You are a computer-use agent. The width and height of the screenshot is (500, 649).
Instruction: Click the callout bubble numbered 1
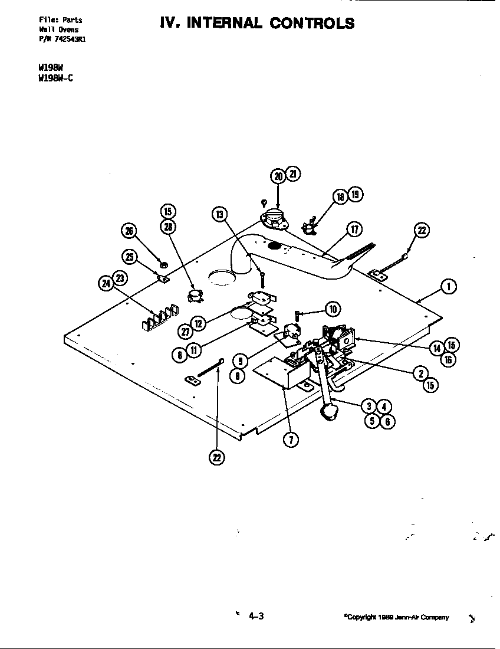449,287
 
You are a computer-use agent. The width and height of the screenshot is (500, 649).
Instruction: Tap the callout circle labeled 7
290,440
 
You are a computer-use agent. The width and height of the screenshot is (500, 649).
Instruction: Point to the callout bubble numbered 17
354,230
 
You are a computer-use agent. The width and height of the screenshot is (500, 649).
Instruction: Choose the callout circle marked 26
128,231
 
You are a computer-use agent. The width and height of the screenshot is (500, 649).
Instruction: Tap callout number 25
129,257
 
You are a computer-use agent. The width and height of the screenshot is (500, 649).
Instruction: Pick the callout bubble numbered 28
168,227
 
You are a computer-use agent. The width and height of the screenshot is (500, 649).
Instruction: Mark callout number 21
293,174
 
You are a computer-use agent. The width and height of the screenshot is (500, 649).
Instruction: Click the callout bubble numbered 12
199,323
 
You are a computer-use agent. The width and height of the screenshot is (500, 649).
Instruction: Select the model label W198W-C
55,78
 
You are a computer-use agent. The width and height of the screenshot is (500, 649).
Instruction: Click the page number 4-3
255,617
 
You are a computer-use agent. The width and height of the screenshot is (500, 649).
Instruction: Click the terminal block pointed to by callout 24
158,316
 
